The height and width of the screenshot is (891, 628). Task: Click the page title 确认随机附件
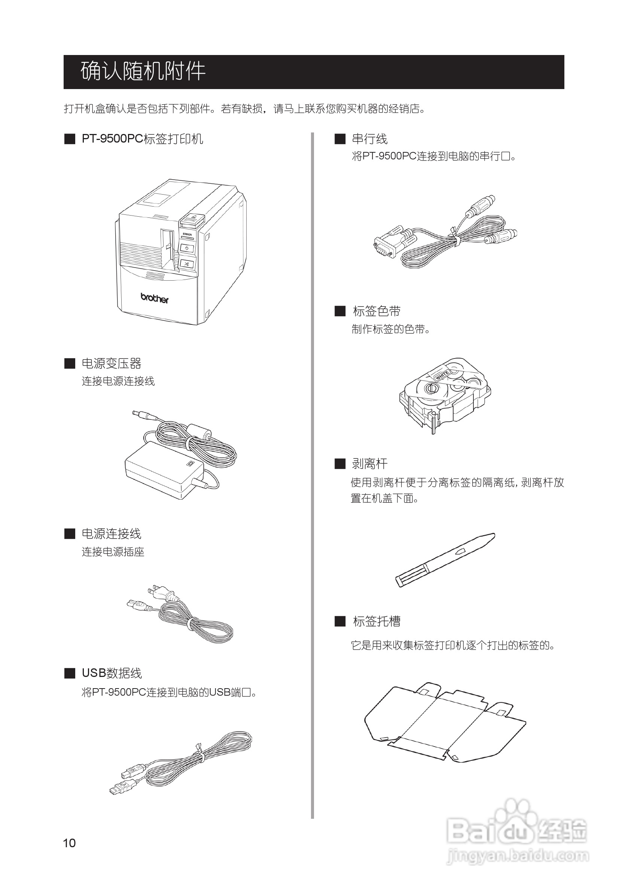point(143,71)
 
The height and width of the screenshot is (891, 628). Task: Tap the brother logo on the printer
point(155,298)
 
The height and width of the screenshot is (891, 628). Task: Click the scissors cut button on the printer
point(187,264)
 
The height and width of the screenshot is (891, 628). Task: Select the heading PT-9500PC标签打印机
point(142,139)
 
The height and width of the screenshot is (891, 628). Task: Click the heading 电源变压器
point(112,364)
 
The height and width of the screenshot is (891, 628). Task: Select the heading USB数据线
point(112,673)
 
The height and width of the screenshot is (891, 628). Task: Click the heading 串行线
point(369,139)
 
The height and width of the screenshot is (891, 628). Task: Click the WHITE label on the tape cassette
point(441,375)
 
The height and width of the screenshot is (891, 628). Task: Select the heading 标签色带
point(377,311)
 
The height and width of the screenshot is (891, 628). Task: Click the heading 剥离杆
point(369,464)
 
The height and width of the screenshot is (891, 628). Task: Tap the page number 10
point(70,843)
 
